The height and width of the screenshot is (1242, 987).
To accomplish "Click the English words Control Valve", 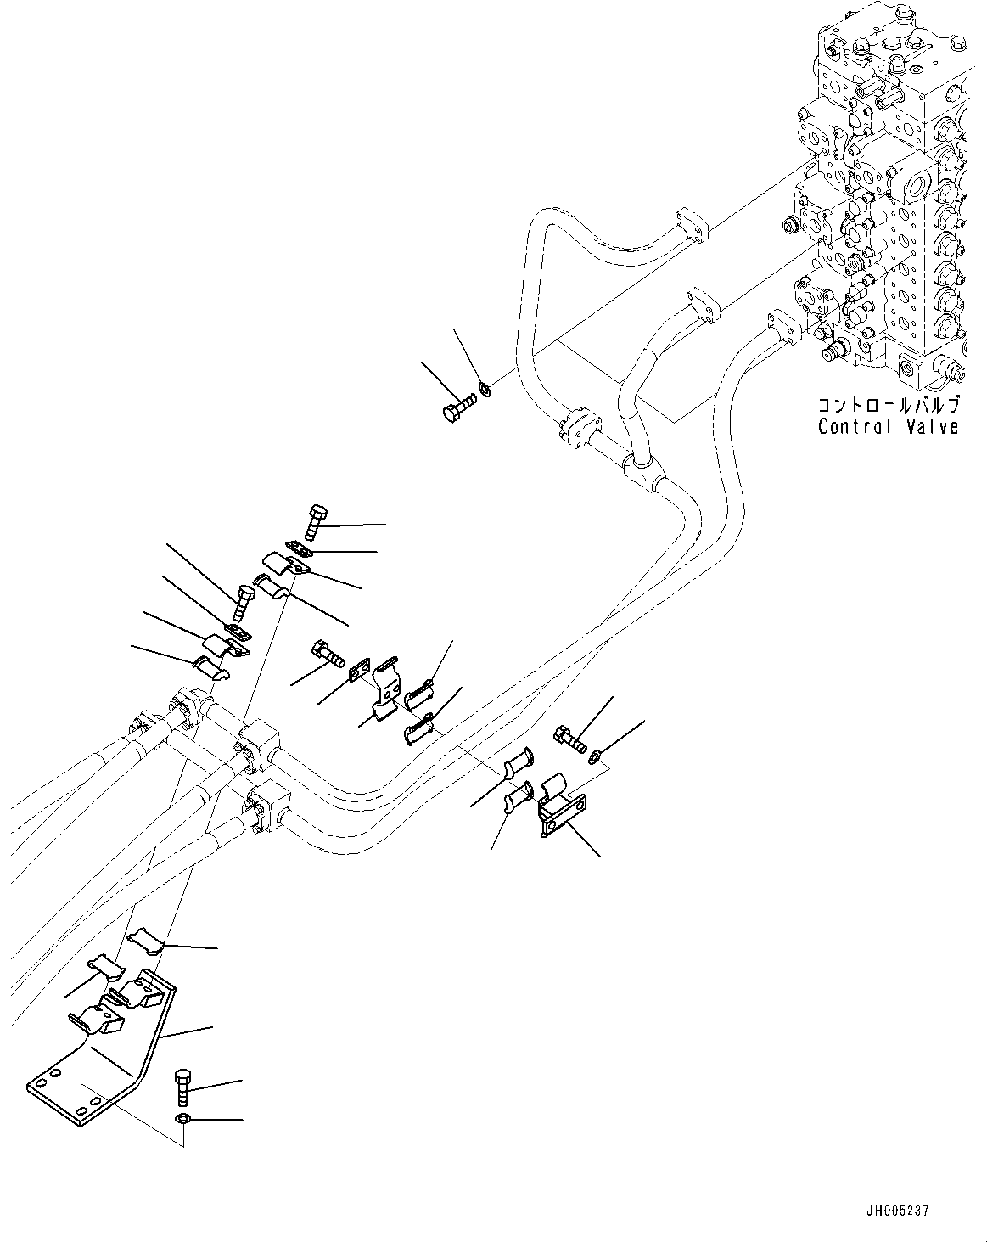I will [x=888, y=426].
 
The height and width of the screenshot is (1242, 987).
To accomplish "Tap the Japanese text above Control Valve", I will [x=888, y=404].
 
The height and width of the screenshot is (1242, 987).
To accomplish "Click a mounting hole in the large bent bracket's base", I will [x=81, y=1110].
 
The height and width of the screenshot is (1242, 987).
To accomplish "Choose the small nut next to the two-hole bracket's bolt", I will [x=597, y=751].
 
